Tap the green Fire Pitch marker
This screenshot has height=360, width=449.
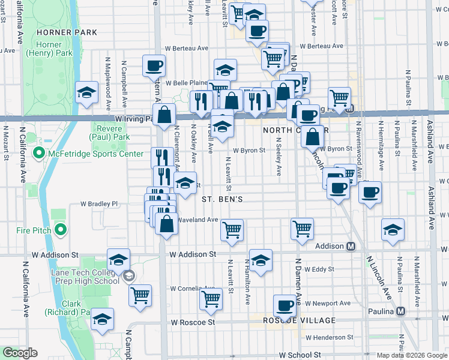click(x=61, y=230)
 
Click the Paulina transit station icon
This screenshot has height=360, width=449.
click(x=401, y=311)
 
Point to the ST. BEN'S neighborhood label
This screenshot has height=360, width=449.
click(x=221, y=199)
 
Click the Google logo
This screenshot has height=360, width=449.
click(x=19, y=353)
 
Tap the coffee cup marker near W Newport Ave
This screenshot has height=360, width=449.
click(x=285, y=305)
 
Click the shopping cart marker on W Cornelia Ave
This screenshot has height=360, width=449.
click(x=211, y=298)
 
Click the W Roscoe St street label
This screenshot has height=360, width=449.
click(x=193, y=322)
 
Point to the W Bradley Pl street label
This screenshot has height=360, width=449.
click(x=100, y=204)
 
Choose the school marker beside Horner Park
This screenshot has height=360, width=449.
click(x=87, y=93)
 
